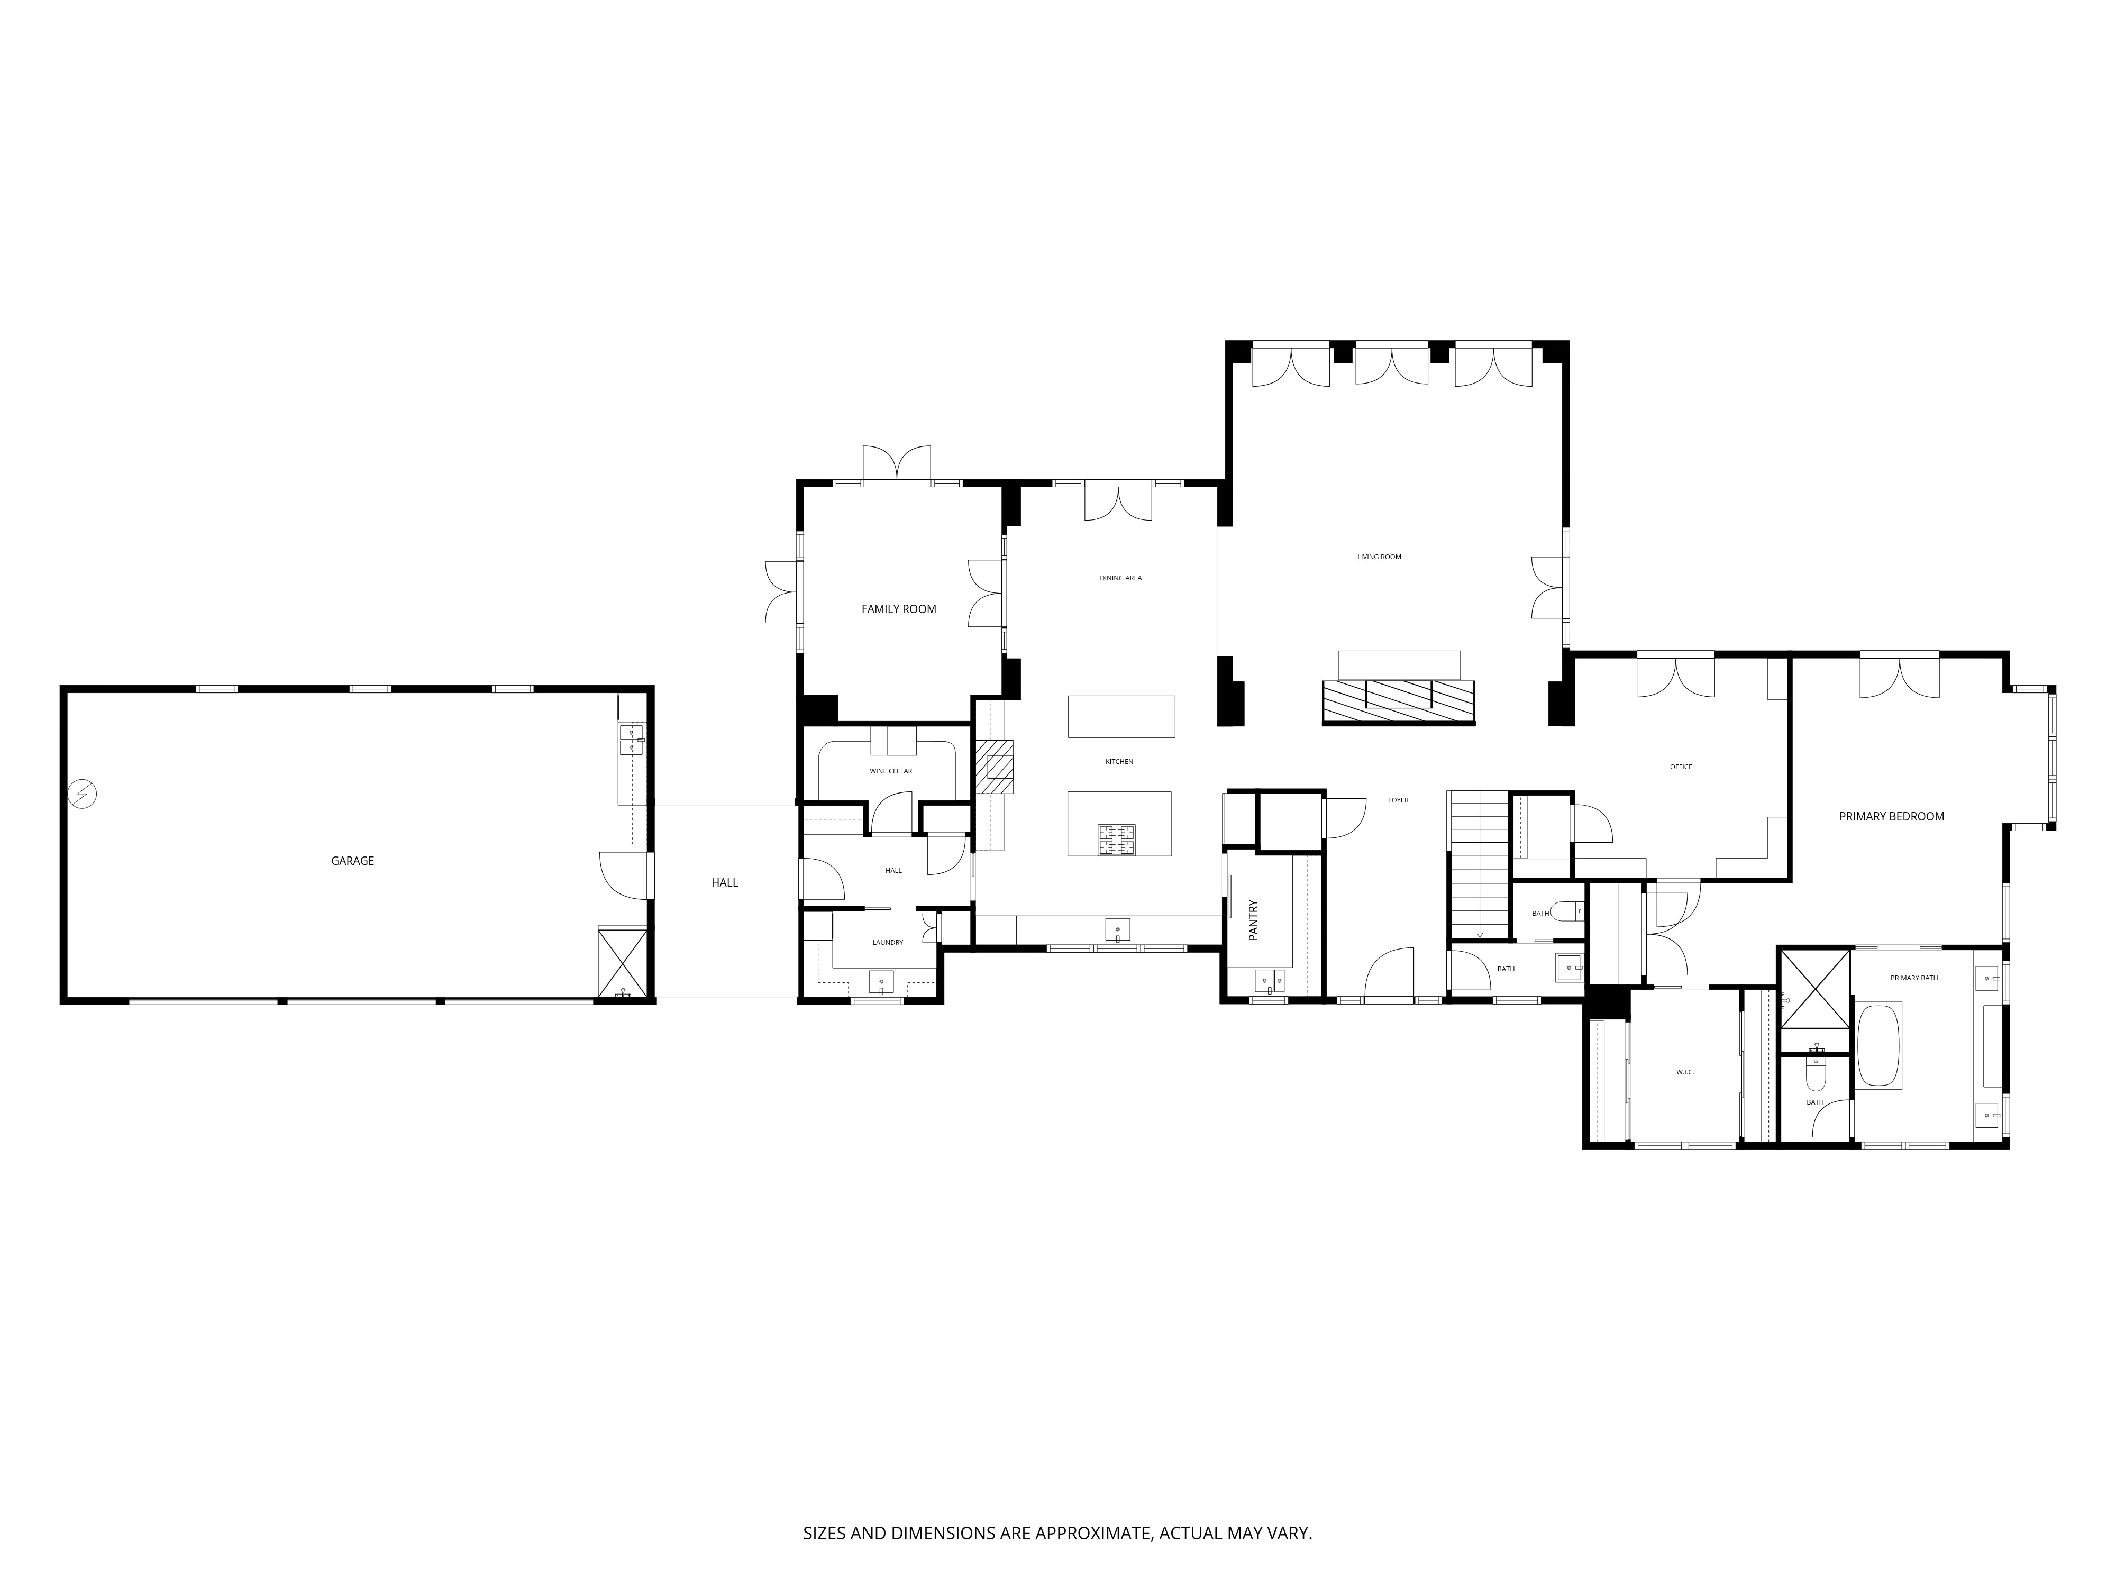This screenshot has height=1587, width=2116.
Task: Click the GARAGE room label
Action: coord(352,861)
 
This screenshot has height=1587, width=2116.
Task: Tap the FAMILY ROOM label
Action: coord(898,609)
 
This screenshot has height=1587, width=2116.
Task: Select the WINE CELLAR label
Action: coord(891,771)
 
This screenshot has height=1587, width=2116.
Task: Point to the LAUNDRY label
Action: coord(888,942)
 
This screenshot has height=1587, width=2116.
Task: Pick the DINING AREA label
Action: coord(1120,578)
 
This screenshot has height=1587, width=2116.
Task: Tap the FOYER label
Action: coord(1398,800)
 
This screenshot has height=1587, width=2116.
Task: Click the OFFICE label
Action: coord(1681,766)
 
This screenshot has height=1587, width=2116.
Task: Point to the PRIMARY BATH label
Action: coord(1914,978)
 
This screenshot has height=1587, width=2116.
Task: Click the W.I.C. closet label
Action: coord(1684,1072)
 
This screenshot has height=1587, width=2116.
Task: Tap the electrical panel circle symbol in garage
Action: coord(83,794)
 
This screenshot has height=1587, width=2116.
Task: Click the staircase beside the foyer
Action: coord(1480,864)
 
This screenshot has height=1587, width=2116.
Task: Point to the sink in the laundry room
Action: coord(880,982)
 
